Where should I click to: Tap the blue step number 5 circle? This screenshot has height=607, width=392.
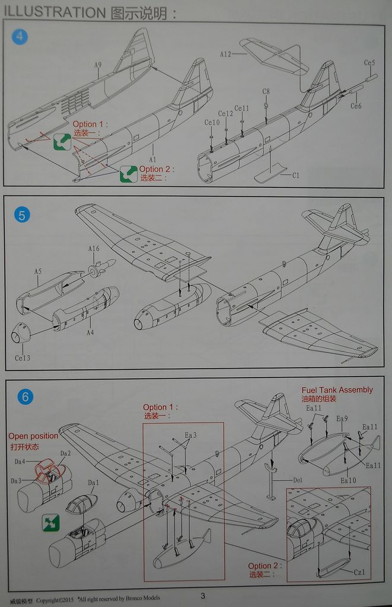21,215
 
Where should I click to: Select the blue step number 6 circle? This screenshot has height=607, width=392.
25,397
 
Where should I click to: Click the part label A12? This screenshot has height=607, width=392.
225,54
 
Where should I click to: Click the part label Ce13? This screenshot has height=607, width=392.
22,358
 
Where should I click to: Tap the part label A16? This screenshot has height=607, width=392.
94,248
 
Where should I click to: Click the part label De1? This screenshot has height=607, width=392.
298,480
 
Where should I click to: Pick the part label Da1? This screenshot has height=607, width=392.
93,483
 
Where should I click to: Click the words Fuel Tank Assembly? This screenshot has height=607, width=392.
337,390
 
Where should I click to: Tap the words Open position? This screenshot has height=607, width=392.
33,436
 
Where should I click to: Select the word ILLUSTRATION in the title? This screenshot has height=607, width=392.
53,12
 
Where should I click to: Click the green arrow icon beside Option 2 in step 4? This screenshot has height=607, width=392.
129,173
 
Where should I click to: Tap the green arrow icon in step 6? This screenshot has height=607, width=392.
50,522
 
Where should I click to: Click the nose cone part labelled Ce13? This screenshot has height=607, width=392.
21,334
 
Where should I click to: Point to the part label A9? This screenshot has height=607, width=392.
98,66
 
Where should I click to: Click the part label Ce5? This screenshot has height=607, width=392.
369,63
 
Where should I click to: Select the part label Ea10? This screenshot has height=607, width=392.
349,480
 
